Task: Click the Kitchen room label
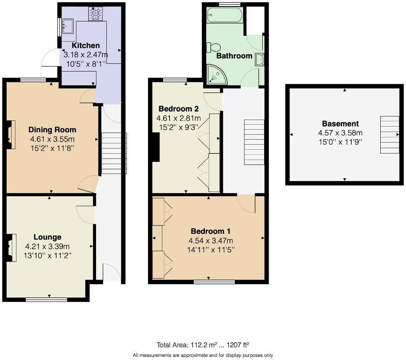[86, 45]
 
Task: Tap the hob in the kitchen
[95, 14]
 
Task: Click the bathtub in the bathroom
[225, 16]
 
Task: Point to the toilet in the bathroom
[213, 48]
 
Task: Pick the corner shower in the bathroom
[216, 74]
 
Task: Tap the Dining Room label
[52, 130]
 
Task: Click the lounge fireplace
[12, 248]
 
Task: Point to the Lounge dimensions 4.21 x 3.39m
[47, 247]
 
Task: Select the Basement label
[340, 123]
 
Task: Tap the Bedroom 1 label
[210, 231]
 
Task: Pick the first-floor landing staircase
[254, 142]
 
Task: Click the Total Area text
[205, 344]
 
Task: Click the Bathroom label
[234, 56]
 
